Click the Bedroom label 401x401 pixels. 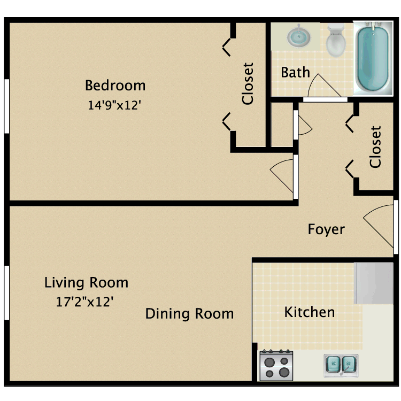tap(115, 85)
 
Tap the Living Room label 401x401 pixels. tap(86, 282)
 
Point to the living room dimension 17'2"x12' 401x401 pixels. tap(84, 302)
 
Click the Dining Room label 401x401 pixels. tap(189, 313)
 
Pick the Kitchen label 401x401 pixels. tap(310, 312)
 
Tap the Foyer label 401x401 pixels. tap(326, 229)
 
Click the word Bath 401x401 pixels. tap(295, 72)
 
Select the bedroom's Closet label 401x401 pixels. tap(248, 83)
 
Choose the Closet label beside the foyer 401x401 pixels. tap(376, 146)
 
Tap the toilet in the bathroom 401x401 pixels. tap(335, 41)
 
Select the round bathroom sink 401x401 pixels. tap(297, 37)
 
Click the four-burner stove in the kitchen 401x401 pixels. tap(276, 366)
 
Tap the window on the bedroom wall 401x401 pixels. tap(6, 106)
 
